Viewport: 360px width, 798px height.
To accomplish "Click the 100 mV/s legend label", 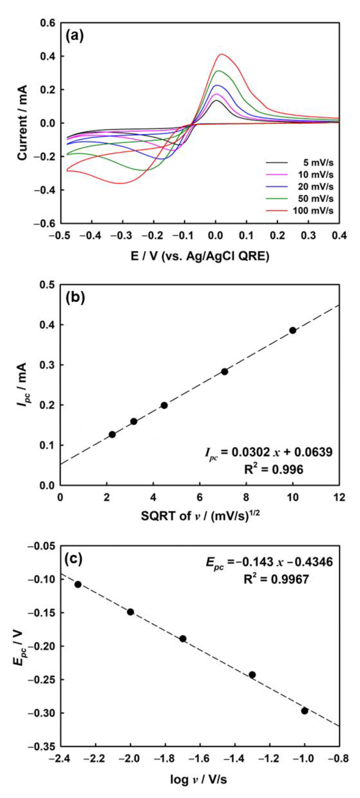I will pos(313,211).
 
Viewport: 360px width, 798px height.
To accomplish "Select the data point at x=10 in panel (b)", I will pos(292,330).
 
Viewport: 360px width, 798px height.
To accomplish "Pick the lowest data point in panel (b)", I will pos(112,434).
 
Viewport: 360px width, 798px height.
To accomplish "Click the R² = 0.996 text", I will pos(274,470).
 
